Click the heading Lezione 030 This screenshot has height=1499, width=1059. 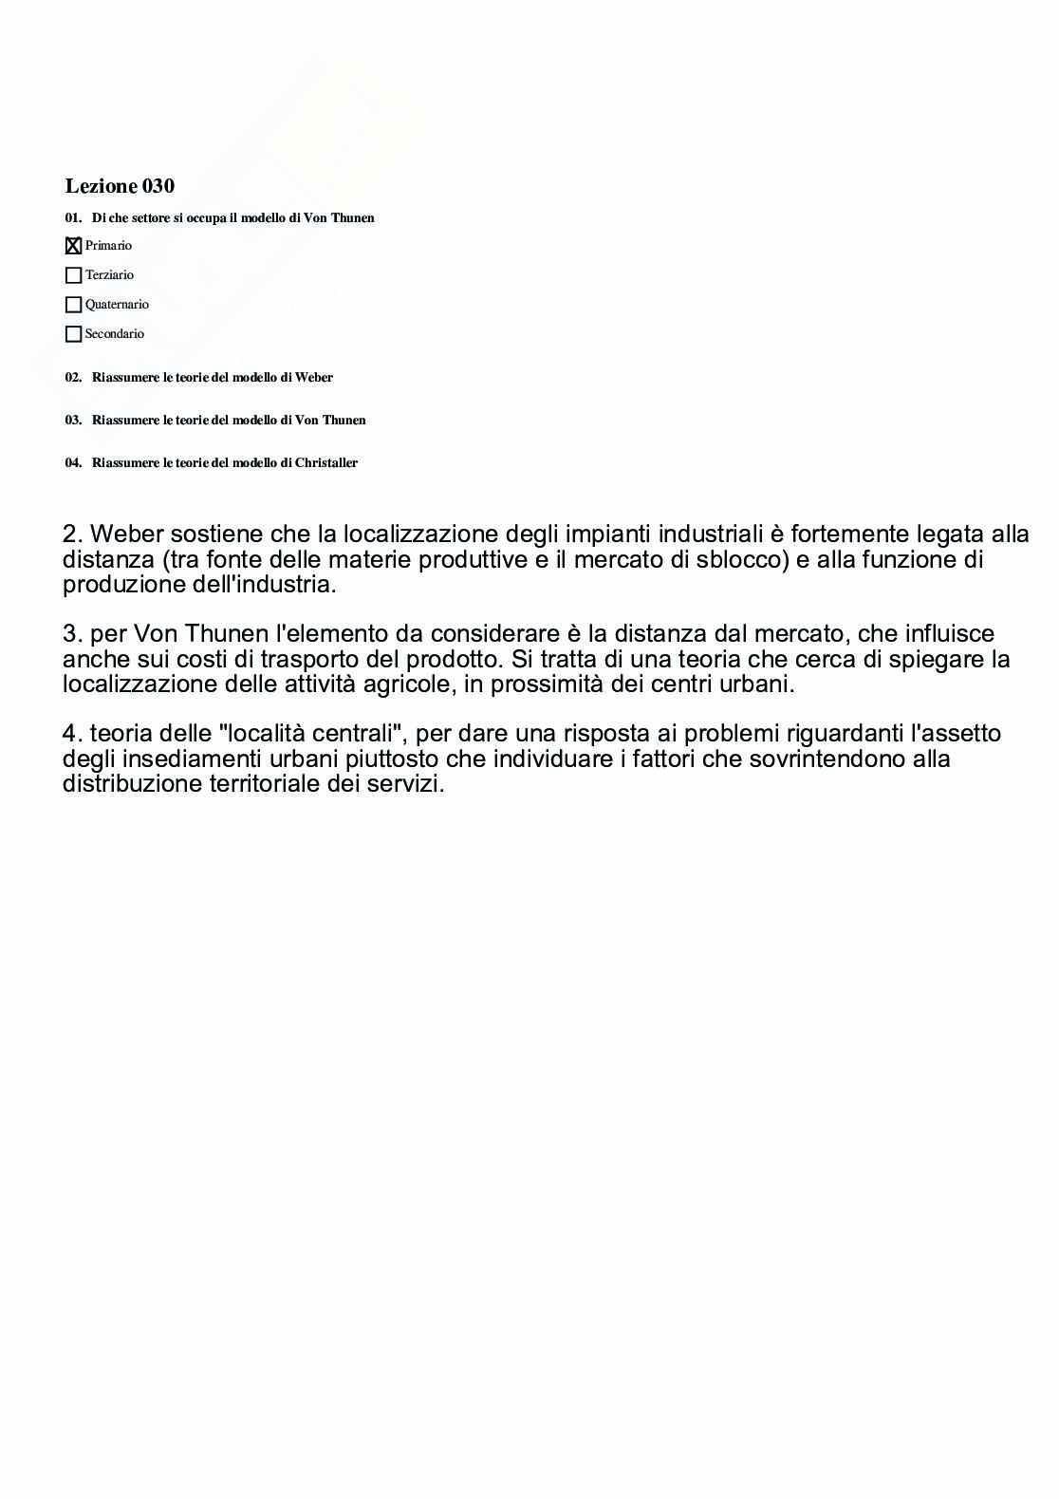point(120,186)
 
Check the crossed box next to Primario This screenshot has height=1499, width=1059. point(73,246)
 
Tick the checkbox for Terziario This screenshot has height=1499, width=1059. point(73,275)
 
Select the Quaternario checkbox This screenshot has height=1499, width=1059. point(73,305)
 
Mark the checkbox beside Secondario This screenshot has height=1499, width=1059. point(73,334)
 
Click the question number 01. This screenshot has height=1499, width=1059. point(73,218)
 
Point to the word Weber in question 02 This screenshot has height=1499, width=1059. point(314,378)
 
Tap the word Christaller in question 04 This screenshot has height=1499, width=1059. point(326,463)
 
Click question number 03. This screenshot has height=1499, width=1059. point(73,421)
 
